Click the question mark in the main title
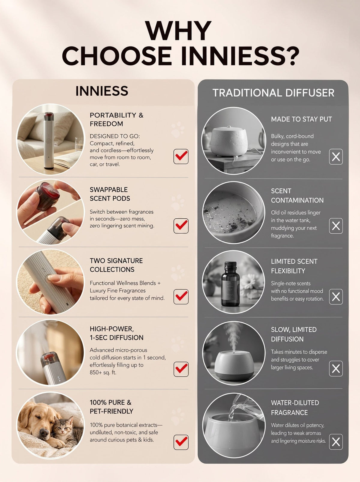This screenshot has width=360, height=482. (290, 56)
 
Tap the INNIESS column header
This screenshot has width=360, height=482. (102, 91)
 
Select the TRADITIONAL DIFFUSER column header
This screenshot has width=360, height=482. (273, 93)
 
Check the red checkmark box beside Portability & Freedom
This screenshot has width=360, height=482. (181, 156)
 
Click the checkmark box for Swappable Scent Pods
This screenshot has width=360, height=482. (181, 226)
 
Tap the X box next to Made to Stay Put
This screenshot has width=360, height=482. (336, 157)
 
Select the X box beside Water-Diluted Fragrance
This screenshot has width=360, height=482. (336, 442)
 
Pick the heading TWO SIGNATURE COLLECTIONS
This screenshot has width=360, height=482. (116, 265)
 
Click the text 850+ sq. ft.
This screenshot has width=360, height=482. (103, 373)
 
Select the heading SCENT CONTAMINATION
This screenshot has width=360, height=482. (297, 196)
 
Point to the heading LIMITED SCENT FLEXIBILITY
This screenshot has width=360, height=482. (294, 266)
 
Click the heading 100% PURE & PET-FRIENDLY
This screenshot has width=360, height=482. (111, 407)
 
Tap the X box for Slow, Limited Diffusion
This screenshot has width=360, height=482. (336, 368)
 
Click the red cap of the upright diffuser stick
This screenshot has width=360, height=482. (49, 116)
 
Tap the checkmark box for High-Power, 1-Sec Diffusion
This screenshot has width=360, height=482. (181, 369)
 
